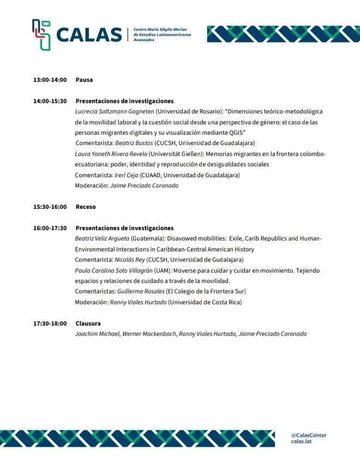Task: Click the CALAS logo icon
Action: [x=41, y=34]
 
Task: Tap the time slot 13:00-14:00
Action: [x=50, y=80]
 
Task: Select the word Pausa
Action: [x=84, y=80]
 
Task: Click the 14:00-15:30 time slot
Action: [x=50, y=101]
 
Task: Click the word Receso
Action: [x=86, y=207]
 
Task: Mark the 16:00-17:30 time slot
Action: [x=50, y=228]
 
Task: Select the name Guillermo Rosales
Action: [x=141, y=292]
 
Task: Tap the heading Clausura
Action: [x=88, y=323]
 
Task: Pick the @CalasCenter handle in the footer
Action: [x=309, y=435]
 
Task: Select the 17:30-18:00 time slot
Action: [x=50, y=323]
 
